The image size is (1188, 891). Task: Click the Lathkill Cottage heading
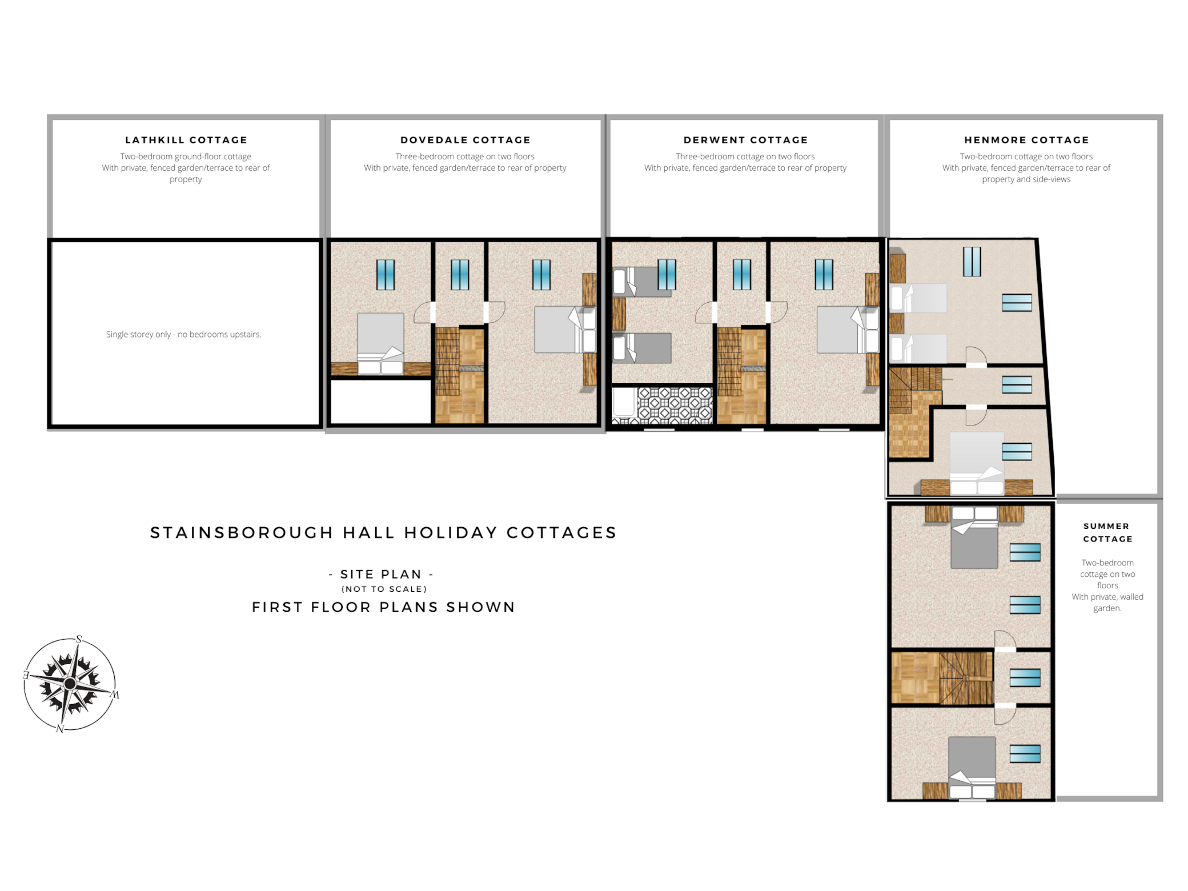pos(186,140)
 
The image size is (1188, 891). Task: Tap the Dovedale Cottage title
pos(465,140)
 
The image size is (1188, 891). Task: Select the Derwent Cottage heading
pos(746,140)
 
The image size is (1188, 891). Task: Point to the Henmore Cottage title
pos(1026,140)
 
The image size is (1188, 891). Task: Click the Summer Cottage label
pos(1107,532)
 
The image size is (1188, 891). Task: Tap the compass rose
pos(71,684)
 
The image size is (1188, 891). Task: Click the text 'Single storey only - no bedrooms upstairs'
pos(183,334)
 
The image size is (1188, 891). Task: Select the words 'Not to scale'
pos(384,589)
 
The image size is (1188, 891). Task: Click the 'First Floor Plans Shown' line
pos(384,607)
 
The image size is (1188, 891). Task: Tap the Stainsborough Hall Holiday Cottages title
pos(383,532)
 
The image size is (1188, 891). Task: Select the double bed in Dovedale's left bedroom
pos(380,343)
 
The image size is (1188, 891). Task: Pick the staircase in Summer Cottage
pos(965,678)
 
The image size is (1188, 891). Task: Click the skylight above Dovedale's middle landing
pos(460,275)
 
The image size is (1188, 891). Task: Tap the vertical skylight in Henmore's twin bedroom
pos(972,262)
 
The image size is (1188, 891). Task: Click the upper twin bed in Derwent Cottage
pos(642,282)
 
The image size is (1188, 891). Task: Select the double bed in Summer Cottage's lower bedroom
pos(972,768)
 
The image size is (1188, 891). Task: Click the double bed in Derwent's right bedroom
pos(848,330)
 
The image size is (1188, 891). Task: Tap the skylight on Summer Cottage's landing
pos(1025,678)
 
